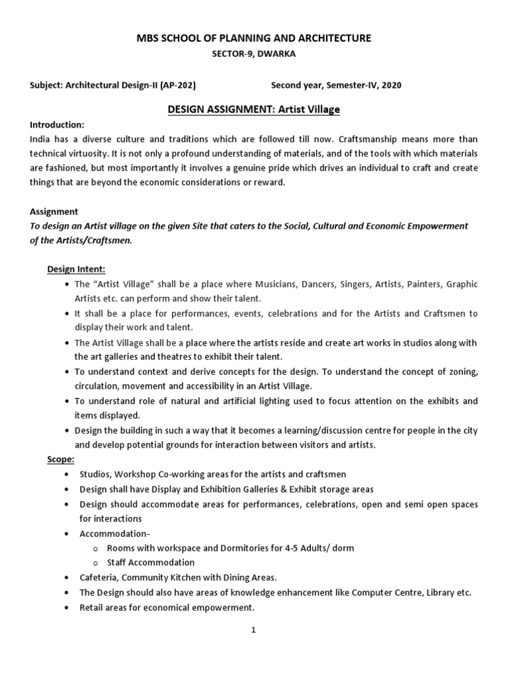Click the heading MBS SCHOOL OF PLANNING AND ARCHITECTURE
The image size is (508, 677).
[253, 39]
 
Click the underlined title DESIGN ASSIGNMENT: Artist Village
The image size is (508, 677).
[254, 110]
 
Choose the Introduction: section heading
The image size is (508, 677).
[57, 124]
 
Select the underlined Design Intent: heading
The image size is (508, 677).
[76, 269]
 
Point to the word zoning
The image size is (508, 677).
[459, 371]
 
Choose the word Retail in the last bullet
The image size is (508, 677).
[91, 607]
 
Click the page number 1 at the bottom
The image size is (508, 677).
[253, 630]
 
